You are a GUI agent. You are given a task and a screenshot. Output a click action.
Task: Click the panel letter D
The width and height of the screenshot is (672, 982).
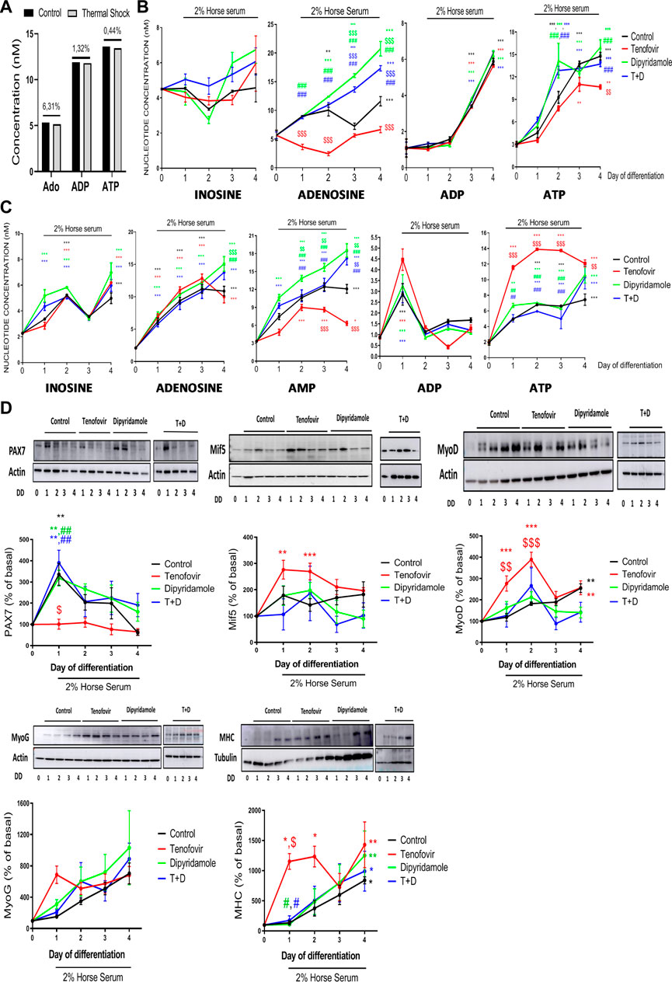coord(8,408)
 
